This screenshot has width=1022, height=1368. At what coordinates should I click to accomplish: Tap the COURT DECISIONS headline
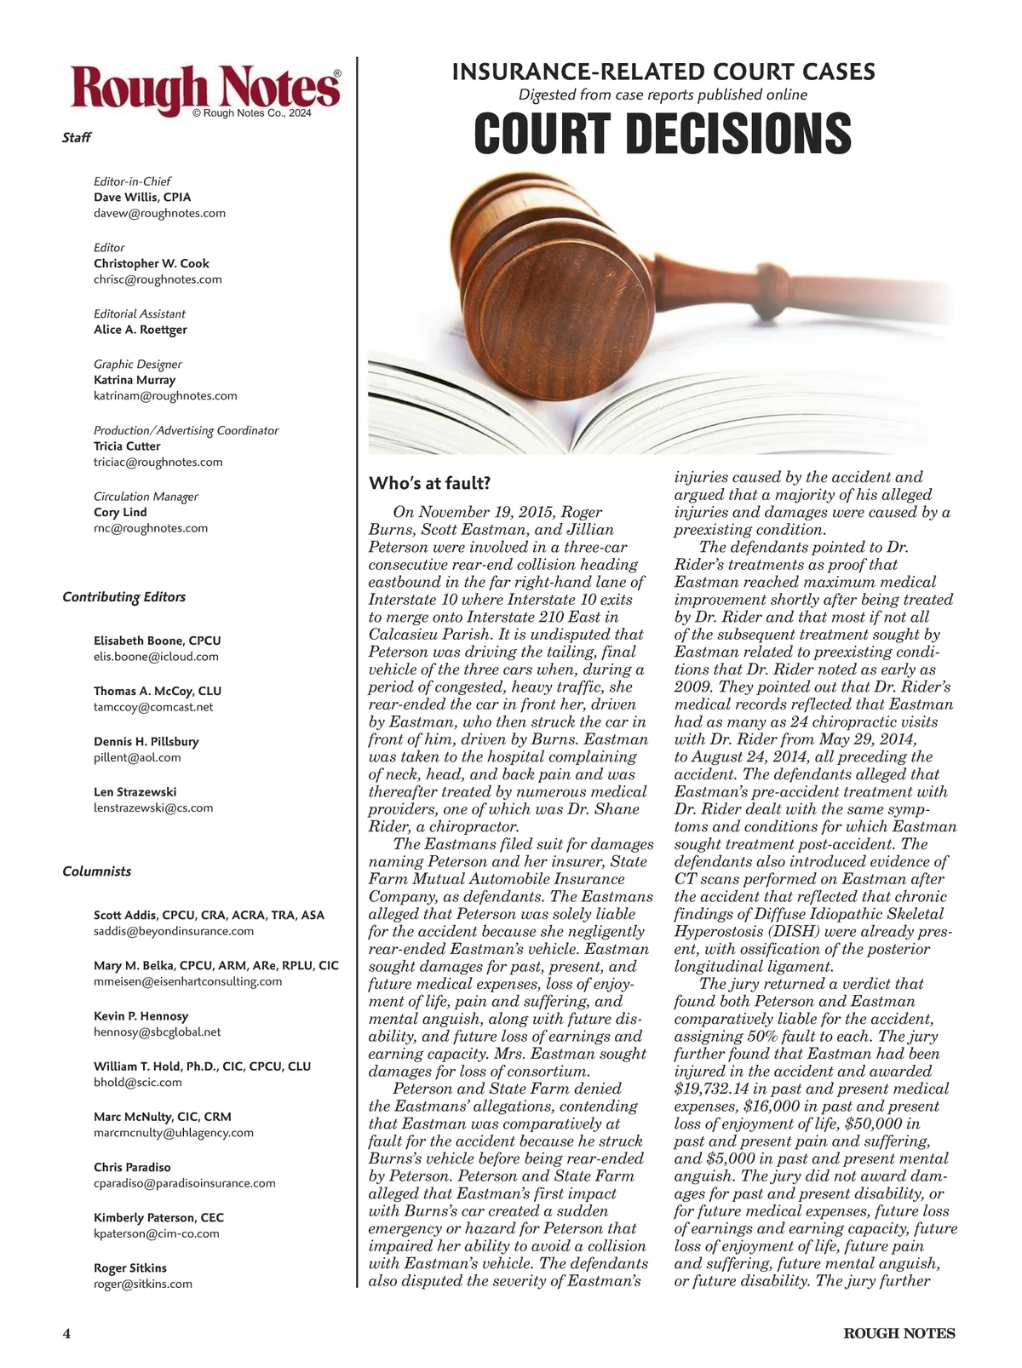(x=662, y=134)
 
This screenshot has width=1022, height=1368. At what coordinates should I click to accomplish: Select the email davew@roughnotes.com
(x=159, y=213)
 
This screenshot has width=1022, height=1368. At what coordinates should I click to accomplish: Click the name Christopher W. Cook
(x=151, y=263)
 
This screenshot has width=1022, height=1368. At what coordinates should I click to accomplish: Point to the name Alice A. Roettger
(x=140, y=330)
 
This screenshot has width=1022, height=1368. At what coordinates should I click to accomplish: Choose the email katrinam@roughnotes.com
(x=165, y=395)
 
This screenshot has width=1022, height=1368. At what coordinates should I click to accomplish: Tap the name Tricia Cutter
(x=127, y=445)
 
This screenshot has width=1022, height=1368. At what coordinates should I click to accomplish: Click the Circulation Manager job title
(x=146, y=497)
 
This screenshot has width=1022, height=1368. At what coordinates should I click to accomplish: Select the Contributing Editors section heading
(x=123, y=597)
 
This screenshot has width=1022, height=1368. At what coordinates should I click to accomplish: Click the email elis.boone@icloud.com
(x=156, y=657)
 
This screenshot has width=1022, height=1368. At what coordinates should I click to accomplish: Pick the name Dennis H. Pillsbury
(x=146, y=741)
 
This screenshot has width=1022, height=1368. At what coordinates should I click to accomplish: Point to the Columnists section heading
(x=97, y=871)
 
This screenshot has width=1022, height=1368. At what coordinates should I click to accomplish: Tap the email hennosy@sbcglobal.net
(x=157, y=1032)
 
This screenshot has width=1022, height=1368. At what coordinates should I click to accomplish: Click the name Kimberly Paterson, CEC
(x=158, y=1217)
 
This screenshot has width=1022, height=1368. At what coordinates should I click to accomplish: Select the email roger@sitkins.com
(x=143, y=1284)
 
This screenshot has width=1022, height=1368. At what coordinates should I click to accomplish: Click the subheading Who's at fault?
(x=429, y=484)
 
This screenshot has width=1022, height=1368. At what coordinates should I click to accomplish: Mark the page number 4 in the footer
(x=66, y=1334)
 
